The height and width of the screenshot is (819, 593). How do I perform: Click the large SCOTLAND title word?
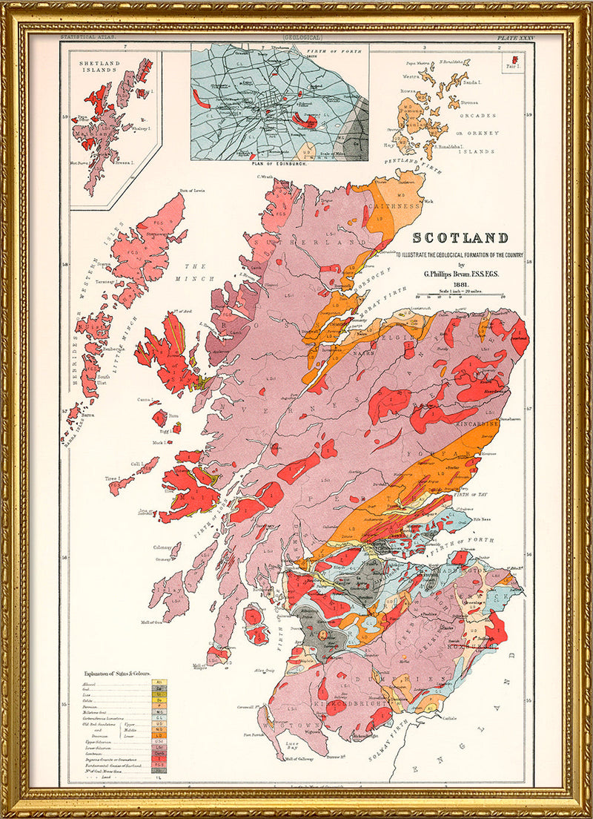[460, 238]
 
